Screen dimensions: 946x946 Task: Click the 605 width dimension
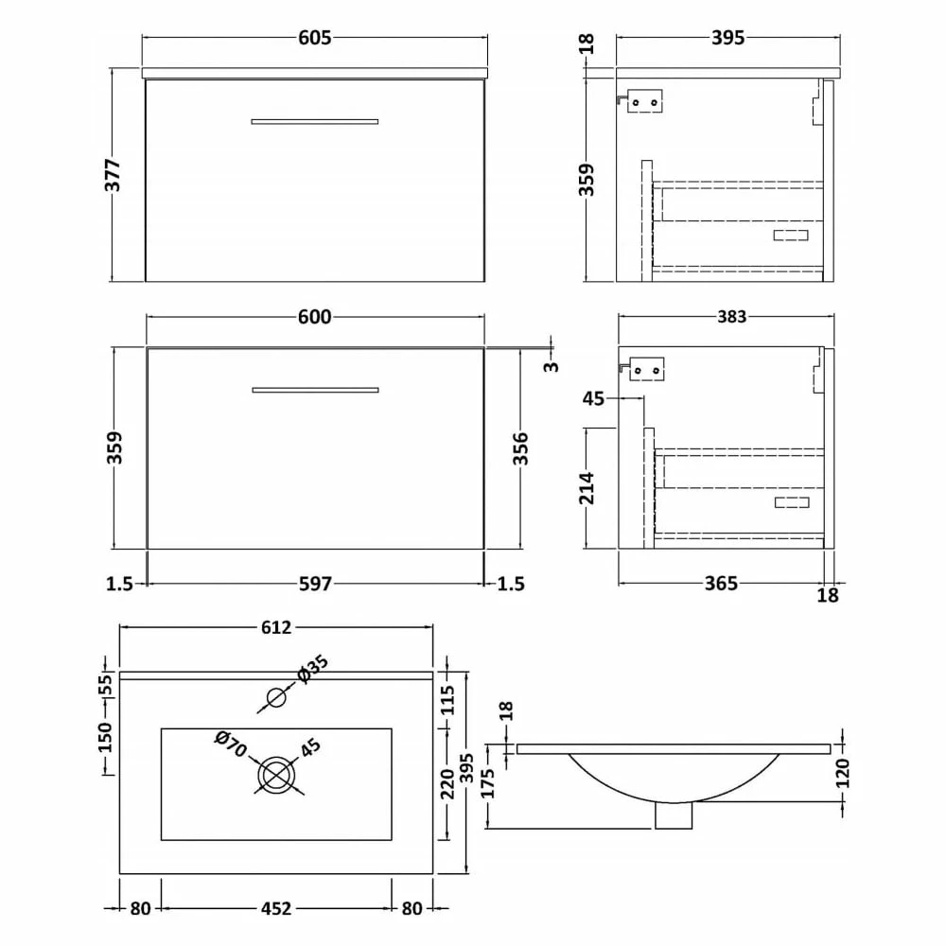[x=315, y=38]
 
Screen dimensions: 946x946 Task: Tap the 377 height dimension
[x=114, y=175]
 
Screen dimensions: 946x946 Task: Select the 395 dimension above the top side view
[x=727, y=38]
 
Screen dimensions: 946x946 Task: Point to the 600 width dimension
[x=315, y=318]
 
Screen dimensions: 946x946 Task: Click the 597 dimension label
[x=315, y=584]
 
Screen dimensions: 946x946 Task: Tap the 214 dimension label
[x=587, y=488]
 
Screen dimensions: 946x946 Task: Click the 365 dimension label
[x=721, y=584]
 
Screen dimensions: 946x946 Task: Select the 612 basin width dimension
[x=275, y=627]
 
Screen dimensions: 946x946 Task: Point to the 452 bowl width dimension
[x=275, y=908]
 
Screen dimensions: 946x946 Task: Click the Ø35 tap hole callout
[x=312, y=668]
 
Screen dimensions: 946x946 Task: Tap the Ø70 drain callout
[x=231, y=745]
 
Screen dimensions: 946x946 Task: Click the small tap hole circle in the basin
[x=275, y=698]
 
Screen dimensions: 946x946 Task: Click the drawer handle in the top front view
[x=315, y=121]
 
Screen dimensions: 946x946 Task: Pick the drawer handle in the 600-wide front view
[x=315, y=390]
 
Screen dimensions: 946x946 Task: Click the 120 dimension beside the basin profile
[x=843, y=772]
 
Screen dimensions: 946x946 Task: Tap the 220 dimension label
[x=448, y=781]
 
